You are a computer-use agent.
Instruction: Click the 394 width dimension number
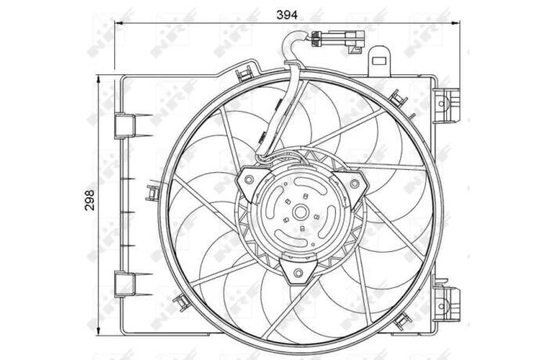point(287,15)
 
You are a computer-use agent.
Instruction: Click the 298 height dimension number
point(90,200)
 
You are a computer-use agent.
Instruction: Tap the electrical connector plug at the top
point(338,40)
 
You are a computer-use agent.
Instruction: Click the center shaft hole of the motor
point(300,212)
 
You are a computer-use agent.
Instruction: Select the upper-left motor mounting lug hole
point(249,179)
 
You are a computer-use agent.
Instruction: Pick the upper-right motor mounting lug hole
point(355,183)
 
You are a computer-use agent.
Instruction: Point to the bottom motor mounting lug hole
point(298,272)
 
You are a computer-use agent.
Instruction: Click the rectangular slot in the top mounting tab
point(378,60)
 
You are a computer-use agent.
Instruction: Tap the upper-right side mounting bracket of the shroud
point(447,104)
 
